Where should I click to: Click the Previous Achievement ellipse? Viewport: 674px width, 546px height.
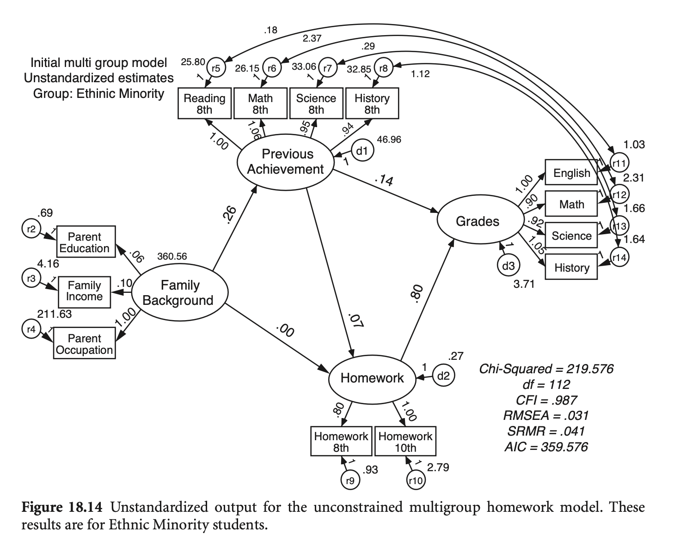point(286,162)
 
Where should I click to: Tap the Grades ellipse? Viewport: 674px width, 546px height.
point(478,221)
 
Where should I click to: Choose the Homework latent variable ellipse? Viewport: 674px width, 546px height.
point(372,378)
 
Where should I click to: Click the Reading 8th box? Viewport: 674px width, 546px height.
point(204,104)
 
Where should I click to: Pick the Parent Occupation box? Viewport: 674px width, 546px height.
point(84,344)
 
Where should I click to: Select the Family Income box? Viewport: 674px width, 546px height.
point(84,291)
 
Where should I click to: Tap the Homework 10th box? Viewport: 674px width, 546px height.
point(405,442)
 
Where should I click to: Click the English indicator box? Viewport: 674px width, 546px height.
point(571,173)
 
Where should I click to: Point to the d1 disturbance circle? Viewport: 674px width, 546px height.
point(362,150)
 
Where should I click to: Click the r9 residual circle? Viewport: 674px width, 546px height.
point(350,480)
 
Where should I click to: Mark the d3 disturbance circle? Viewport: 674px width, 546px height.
point(508,266)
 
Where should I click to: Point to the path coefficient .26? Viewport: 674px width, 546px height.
point(229,215)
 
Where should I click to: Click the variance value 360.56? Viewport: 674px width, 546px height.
point(172,256)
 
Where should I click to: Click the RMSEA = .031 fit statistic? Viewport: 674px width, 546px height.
point(546,415)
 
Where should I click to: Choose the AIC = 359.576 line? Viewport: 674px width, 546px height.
point(546,447)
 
